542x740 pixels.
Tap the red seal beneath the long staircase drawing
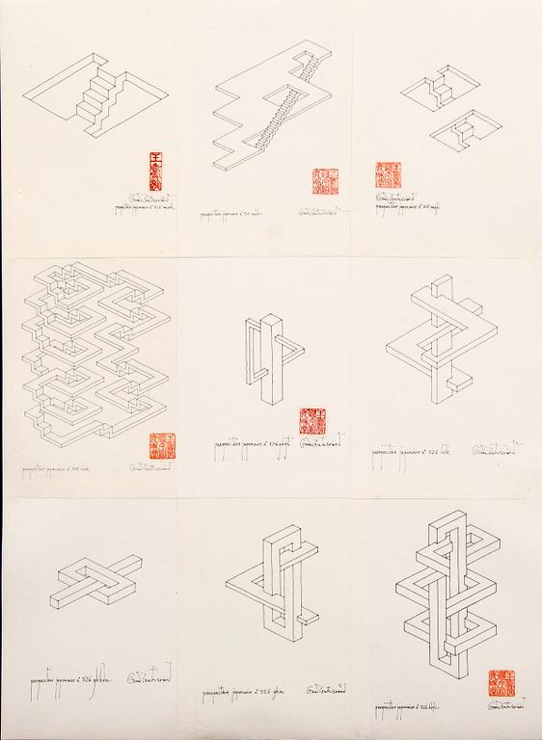pos(325,182)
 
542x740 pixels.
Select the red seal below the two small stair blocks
pos(387,175)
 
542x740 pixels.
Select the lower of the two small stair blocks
pos(467,130)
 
